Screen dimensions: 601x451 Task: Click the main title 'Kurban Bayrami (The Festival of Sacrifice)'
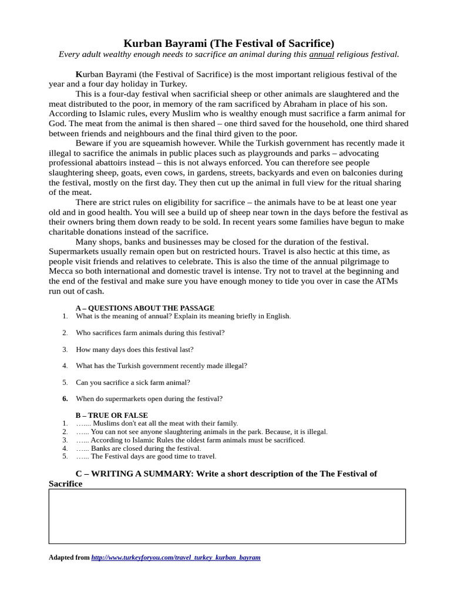pyautogui.click(x=228, y=43)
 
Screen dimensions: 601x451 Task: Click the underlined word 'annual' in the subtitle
pyautogui.click(x=322, y=55)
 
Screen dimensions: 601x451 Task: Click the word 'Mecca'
pyautogui.click(x=61, y=271)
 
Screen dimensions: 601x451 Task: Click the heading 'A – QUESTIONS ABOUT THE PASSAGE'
pyautogui.click(x=145, y=308)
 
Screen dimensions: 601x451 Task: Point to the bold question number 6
pyautogui.click(x=65, y=399)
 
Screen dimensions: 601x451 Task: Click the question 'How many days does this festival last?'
pyautogui.click(x=134, y=349)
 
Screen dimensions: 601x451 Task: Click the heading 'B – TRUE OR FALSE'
pyautogui.click(x=112, y=415)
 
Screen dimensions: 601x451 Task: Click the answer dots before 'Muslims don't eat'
pyautogui.click(x=83, y=423)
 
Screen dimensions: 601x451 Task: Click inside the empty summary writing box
pyautogui.click(x=227, y=516)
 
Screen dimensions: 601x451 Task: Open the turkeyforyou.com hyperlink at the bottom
pyautogui.click(x=176, y=558)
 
